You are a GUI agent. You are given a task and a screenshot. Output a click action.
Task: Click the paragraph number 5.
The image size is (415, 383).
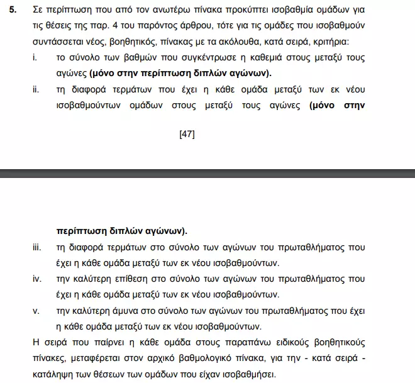pos(13,11)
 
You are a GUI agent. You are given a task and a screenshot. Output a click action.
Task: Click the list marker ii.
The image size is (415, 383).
pos(36,89)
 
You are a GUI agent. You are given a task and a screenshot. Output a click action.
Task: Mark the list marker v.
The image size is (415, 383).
pos(36,311)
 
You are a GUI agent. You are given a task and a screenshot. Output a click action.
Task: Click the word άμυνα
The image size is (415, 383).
pos(126,311)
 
